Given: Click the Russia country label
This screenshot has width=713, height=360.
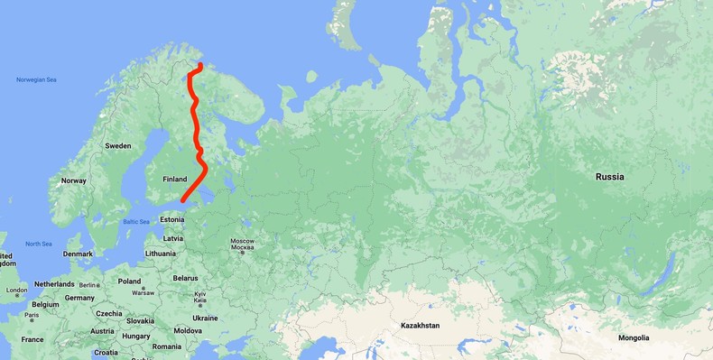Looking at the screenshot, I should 609,177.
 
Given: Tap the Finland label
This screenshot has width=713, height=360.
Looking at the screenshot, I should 174,180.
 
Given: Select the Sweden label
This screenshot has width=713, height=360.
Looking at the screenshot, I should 118,145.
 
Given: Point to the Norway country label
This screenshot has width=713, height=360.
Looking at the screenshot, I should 73,180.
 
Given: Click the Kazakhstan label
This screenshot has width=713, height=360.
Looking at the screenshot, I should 420,325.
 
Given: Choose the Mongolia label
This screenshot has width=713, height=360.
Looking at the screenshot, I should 634,337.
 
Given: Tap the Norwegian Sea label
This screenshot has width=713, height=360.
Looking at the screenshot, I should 36,80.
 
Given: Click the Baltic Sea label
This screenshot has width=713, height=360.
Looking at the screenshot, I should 136,222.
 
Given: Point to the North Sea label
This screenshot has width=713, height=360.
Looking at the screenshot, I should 39,244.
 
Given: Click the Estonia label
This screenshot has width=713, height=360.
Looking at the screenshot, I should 171,219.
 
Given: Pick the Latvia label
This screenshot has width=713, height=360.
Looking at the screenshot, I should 173,238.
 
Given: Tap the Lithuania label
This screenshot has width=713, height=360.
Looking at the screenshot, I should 161,254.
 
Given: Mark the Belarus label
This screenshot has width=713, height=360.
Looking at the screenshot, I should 185,278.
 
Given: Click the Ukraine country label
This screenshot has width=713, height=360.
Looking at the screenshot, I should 205,318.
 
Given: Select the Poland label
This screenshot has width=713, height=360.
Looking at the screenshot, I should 129,282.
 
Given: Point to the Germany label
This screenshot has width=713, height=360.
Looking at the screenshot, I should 79,298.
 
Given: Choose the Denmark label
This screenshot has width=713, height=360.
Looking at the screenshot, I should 78,254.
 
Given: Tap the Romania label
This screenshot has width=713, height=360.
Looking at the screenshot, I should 167,346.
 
